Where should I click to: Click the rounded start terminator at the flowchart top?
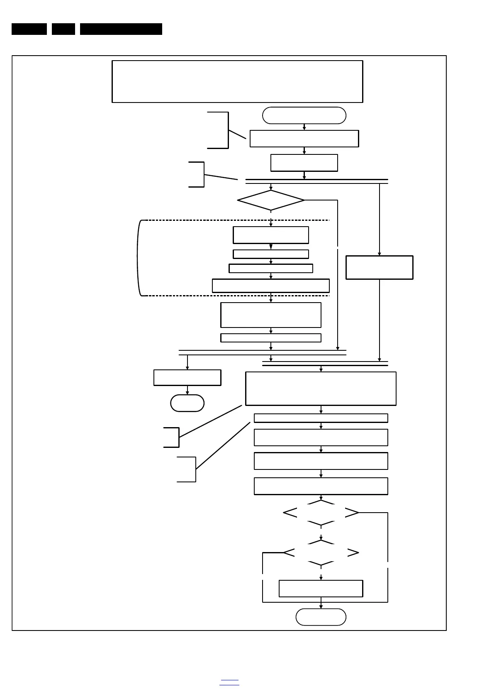pos(304,115)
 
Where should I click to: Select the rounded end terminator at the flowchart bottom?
pos(321,617)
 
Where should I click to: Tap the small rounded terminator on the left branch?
pos(187,403)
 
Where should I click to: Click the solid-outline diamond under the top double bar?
pos(271,200)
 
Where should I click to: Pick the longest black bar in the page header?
pos(121,29)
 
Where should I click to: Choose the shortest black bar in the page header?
pos(63,29)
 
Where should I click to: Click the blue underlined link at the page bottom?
pos(229,682)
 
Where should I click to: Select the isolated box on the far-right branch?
pos(379,267)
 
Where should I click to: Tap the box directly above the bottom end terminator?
pos(321,588)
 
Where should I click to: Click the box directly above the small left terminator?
pos(187,378)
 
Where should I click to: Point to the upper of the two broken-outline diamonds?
pos(321,513)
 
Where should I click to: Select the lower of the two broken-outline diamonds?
pos(321,553)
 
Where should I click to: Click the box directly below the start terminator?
pos(304,139)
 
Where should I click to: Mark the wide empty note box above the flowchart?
pos(237,81)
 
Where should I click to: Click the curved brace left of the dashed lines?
pos(139,257)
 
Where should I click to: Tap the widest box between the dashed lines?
pos(270,286)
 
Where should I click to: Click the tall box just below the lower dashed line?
pos(270,315)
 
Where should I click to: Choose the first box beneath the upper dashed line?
pos(270,235)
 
